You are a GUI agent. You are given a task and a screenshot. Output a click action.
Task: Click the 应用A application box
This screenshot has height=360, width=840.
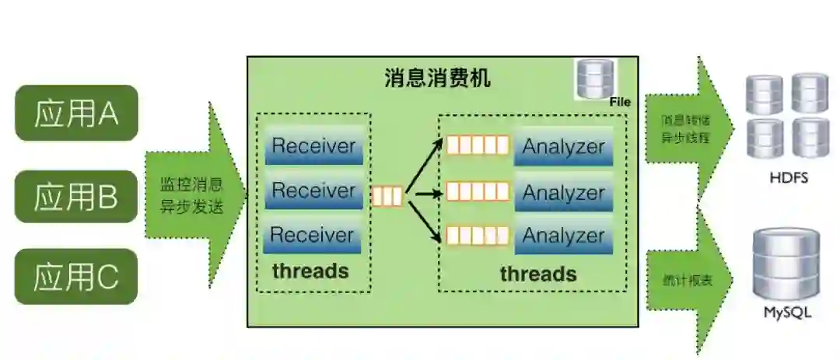coord(76,114)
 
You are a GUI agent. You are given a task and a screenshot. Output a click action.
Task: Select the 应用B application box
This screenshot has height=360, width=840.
coord(76,197)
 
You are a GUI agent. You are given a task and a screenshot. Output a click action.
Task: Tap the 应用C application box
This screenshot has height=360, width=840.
coord(76,276)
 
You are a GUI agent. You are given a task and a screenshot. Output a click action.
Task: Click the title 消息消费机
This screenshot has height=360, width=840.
coord(438,79)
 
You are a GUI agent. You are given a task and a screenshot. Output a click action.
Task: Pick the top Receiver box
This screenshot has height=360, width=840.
coord(313,145)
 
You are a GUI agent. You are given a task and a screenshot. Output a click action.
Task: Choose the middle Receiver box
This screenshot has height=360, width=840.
coord(313,190)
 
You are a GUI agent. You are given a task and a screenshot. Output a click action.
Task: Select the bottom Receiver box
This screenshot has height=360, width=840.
coord(313,235)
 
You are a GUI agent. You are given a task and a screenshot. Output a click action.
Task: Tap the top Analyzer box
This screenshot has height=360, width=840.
coord(563,145)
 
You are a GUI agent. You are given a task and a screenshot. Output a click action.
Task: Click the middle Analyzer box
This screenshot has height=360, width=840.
coord(563,192)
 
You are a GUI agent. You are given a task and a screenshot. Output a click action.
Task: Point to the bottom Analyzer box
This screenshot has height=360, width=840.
coord(563,235)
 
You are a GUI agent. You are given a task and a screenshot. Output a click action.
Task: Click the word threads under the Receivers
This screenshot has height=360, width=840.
coord(310,271)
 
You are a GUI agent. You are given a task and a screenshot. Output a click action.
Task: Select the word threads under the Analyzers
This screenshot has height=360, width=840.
coord(538,274)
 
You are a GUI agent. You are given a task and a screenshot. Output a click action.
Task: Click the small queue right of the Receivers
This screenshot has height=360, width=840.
coord(387,197)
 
